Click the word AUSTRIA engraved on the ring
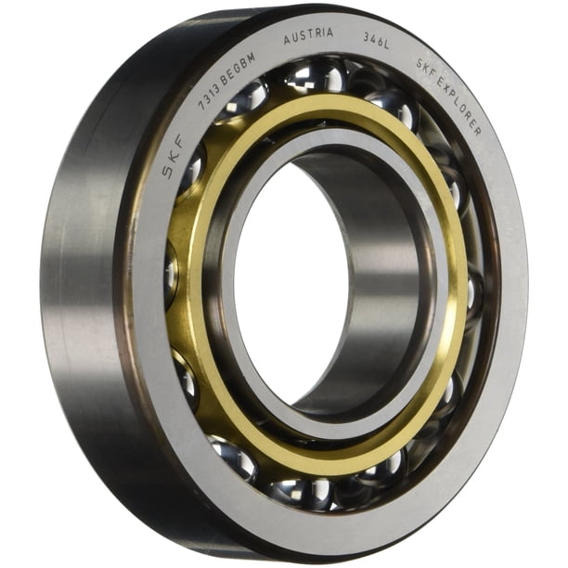tap(308, 36)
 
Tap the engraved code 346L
tap(377, 41)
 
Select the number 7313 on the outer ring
tap(208, 97)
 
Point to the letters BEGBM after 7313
tap(238, 70)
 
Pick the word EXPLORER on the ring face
tap(461, 106)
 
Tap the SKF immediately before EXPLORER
tap(425, 68)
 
